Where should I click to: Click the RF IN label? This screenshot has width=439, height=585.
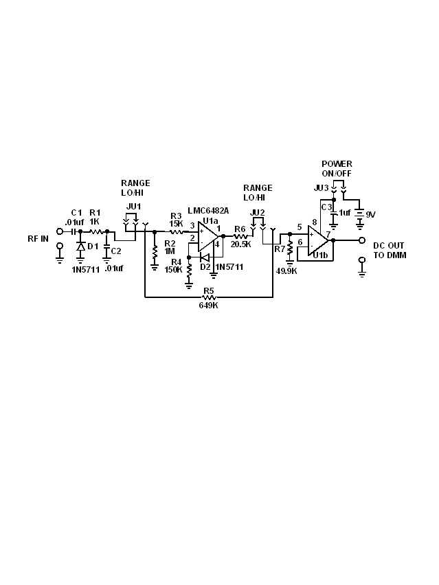click(38, 239)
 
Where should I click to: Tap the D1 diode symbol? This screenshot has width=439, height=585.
click(80, 246)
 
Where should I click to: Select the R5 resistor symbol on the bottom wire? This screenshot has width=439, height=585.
click(209, 297)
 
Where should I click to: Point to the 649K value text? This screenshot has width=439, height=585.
click(209, 306)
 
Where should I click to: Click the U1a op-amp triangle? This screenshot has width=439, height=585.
click(207, 236)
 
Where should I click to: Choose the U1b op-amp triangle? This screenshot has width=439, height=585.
click(318, 240)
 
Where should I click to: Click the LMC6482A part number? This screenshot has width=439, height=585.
click(208, 210)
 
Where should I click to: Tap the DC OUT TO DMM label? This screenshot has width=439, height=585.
click(390, 251)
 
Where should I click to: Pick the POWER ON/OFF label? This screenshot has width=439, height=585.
click(337, 169)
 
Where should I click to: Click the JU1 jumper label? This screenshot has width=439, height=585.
click(133, 206)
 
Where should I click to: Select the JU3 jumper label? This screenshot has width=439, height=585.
click(321, 188)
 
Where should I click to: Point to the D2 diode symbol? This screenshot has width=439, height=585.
click(205, 257)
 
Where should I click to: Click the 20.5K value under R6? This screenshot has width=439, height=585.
click(240, 244)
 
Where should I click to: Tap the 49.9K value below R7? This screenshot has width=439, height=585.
click(286, 271)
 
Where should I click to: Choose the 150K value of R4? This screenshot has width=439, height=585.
click(173, 269)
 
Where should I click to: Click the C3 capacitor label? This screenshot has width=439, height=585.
click(326, 207)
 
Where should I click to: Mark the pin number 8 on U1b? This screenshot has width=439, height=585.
click(315, 222)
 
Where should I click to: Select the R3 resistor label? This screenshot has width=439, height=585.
click(176, 216)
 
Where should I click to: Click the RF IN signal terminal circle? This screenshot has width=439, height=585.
click(60, 231)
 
